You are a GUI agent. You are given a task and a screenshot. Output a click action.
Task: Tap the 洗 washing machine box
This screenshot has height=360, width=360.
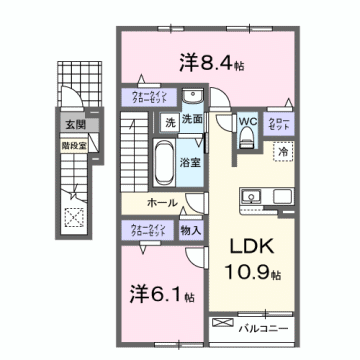(170, 122)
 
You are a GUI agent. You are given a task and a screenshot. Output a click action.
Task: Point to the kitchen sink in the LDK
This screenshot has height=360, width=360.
(251, 194)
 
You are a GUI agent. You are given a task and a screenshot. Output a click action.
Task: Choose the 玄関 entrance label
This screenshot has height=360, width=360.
(76, 126)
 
